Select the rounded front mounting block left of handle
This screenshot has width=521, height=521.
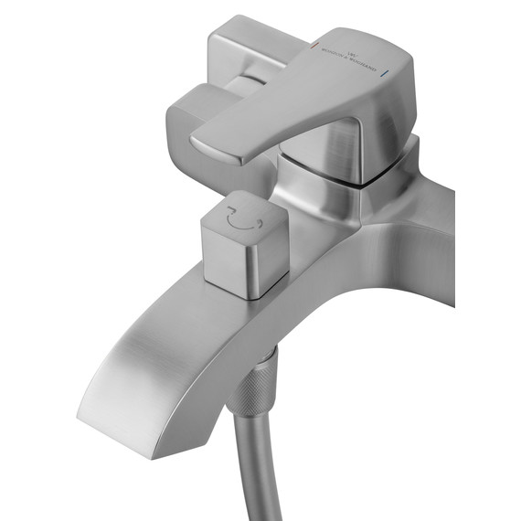(197, 110)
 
